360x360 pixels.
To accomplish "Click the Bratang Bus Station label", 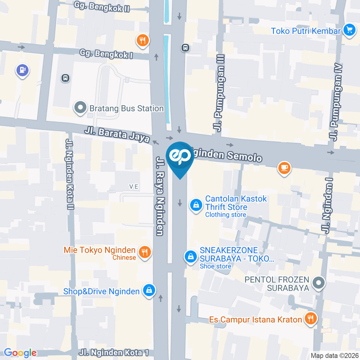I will point(126,108).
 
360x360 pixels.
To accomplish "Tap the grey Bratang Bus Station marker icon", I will point(80,108).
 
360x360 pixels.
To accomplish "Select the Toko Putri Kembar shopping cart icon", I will point(349,30).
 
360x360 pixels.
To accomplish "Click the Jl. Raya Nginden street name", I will point(160,195).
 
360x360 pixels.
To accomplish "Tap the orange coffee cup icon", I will point(284,168).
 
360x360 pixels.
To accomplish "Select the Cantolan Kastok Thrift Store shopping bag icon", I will point(195,205).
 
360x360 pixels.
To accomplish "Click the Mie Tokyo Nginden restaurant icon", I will point(144,252).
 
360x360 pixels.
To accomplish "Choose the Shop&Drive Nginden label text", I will point(102,291).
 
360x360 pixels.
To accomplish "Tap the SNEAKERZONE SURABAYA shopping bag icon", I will point(191,257).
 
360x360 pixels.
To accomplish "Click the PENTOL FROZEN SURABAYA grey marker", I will point(319,283).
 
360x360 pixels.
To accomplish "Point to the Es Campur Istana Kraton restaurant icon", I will point(310,319).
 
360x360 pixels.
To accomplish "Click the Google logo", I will point(20,353).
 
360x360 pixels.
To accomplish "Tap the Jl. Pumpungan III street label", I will point(219,92).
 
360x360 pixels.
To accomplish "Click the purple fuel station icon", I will point(22,70).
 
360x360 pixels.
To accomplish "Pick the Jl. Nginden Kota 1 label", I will point(114,352).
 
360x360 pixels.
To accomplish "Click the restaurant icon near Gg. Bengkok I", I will point(142,40).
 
